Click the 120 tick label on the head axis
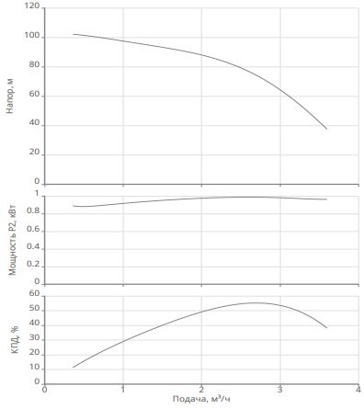[x=31, y=6]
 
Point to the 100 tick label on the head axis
[x=32, y=36]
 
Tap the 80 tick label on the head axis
[x=35, y=64]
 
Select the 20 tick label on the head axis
[x=35, y=153]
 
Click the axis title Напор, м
[x=10, y=96]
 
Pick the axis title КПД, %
[x=15, y=340]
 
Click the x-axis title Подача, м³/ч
[x=201, y=399]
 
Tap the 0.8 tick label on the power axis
[x=33, y=211]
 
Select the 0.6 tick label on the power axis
[x=33, y=229]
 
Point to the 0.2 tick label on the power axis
[x=33, y=264]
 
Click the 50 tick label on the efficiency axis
[x=35, y=308]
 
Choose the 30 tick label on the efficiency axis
[x=35, y=337]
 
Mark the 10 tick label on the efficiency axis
[x=35, y=367]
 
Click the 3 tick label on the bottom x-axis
[x=280, y=390]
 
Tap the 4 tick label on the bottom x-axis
[x=358, y=390]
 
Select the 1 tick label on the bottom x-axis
[x=123, y=390]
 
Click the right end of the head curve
[x=327, y=129]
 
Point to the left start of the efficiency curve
[x=73, y=367]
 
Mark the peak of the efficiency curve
[x=256, y=302]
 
